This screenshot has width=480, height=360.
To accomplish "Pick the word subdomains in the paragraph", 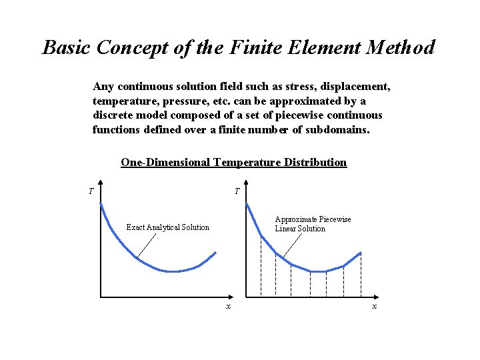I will (x=337, y=129).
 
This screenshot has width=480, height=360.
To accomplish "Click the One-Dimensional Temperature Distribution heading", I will (x=234, y=162).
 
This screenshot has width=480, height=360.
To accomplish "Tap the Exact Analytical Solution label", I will (x=168, y=227).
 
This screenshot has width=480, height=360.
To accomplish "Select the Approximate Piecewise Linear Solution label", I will (x=313, y=224).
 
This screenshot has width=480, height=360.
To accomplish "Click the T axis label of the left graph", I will (x=91, y=192).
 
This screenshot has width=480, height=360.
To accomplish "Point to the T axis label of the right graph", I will (x=237, y=192).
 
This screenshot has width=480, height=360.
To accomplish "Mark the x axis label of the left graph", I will (x=228, y=306).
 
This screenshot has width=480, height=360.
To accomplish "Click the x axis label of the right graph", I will (x=374, y=306).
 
